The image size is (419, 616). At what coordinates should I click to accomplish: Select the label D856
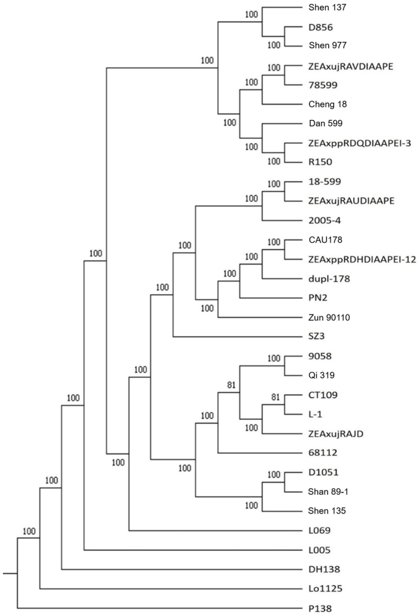point(321,27)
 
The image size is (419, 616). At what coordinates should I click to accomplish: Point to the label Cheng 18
point(327,104)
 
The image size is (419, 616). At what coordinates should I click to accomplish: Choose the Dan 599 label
point(326,123)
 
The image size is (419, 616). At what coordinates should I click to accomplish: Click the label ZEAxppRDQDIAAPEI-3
point(359,143)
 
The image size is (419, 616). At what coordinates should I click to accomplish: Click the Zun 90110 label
point(329,317)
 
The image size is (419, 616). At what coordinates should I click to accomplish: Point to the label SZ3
point(317,336)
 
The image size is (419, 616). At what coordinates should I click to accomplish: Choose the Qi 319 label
point(321,375)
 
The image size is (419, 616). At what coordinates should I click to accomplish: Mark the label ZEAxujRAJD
point(336,434)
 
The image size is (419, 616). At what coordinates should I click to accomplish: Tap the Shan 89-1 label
point(328,492)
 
